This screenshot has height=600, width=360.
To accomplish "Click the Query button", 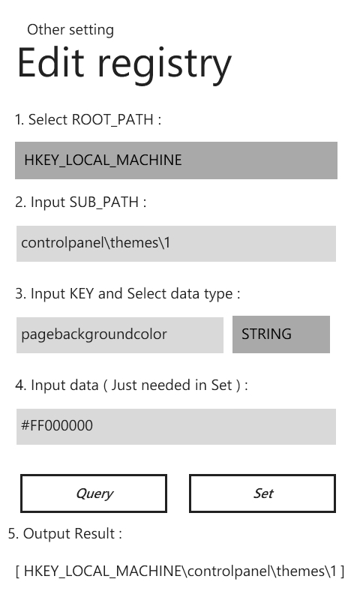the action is point(94,493).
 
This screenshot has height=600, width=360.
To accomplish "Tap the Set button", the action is point(262,493).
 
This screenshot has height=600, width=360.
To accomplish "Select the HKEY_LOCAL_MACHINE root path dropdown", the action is point(176,160).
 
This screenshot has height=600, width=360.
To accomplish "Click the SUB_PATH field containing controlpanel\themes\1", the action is point(176,244).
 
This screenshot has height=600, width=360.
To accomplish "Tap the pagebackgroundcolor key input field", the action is point(120,334).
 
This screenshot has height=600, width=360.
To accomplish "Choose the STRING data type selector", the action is point(281,334).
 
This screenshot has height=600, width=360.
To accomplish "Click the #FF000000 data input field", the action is point(176,427).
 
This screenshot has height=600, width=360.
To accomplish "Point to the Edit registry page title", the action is point(124,64).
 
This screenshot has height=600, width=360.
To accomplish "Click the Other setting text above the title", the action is point(70,30).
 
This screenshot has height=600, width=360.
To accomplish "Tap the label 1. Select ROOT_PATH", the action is point(88,120).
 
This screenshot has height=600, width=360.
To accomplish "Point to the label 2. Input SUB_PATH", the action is point(81,202).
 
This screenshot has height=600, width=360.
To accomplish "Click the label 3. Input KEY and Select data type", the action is point(127,294).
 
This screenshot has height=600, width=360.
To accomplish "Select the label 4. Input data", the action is point(131,385).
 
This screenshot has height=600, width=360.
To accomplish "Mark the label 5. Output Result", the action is point(65,533).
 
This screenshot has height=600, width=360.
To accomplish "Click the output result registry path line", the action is point(180,571).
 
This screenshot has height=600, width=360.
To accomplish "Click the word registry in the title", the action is point(165,66).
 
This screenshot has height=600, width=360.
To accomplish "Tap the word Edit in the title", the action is point(50,62).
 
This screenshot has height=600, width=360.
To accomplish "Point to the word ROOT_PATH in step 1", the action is point(112,120).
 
